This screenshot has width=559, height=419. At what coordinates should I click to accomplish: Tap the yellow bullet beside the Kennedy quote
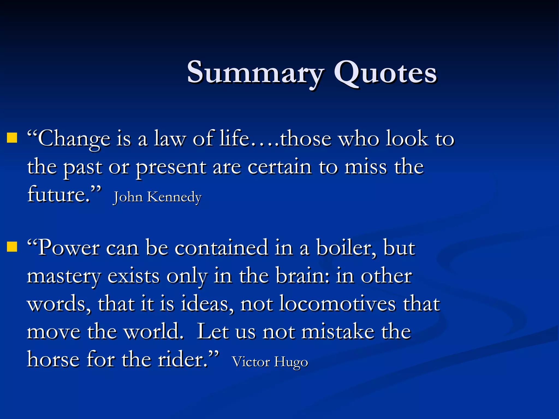(x=12, y=138)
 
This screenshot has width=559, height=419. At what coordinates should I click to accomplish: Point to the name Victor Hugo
(x=270, y=362)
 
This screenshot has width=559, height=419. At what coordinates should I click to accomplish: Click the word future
(x=59, y=194)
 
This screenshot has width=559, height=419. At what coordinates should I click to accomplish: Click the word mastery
(x=64, y=276)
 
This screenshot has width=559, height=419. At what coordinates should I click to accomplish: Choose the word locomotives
(x=337, y=304)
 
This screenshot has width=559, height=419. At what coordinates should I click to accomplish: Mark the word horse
(x=53, y=360)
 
